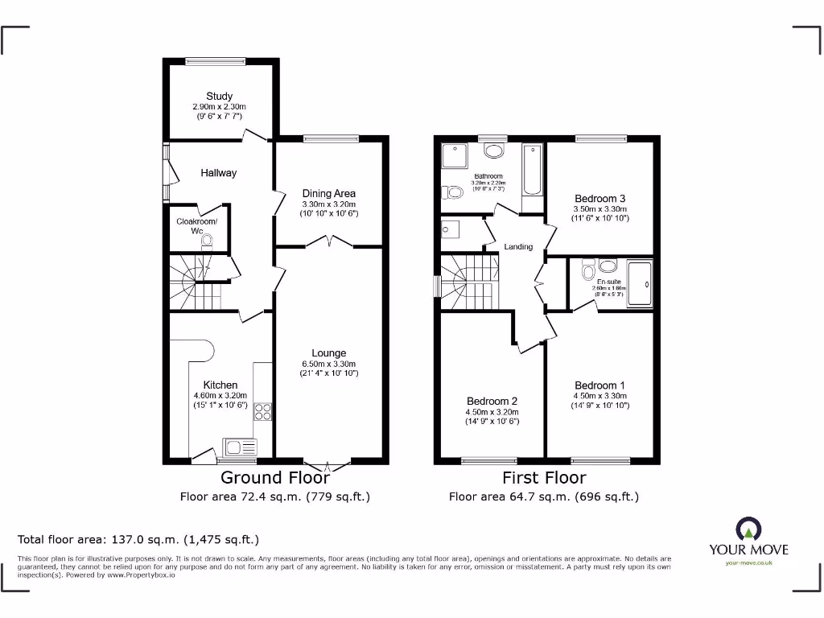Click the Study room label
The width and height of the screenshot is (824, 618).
[x=219, y=97]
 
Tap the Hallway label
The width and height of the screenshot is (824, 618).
[x=220, y=173]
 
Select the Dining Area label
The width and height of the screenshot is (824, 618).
[x=328, y=193]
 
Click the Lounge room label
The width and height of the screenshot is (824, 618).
[x=328, y=353]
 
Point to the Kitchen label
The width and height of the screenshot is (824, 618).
[x=220, y=385]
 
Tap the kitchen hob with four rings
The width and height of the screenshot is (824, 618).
[x=262, y=412]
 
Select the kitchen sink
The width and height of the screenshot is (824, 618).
[x=240, y=447]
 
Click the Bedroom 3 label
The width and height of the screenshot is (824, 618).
[x=599, y=199]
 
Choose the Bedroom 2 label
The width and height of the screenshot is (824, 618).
[x=492, y=402]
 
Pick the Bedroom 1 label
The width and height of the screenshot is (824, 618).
[x=599, y=385]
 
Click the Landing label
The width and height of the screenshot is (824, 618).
[x=518, y=247]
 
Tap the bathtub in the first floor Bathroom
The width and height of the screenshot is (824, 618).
[x=532, y=170]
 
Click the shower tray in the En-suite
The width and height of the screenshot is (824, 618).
[x=640, y=283]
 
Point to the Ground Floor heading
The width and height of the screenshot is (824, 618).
[x=274, y=478]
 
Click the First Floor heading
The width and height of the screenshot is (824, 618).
[x=544, y=478]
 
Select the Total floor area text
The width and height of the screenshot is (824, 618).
[x=138, y=540]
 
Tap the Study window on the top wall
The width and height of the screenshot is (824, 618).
[x=216, y=60]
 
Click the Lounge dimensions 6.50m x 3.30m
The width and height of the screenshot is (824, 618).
[x=328, y=364]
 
